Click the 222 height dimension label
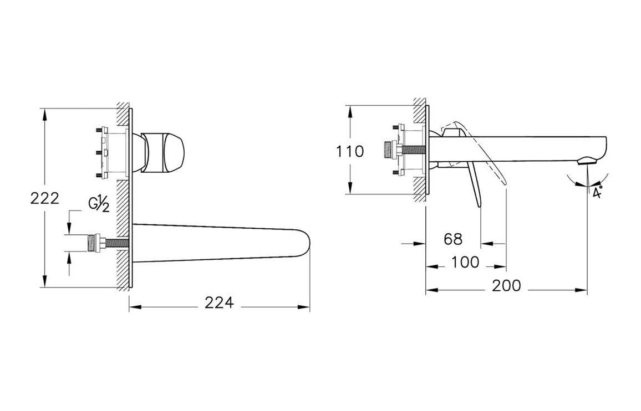[x=45, y=198]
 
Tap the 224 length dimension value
[x=220, y=303]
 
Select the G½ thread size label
[x=99, y=204]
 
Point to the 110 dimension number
[x=350, y=152]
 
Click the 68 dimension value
[x=453, y=239]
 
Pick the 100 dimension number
[x=465, y=263]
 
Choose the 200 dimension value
[x=506, y=286]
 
